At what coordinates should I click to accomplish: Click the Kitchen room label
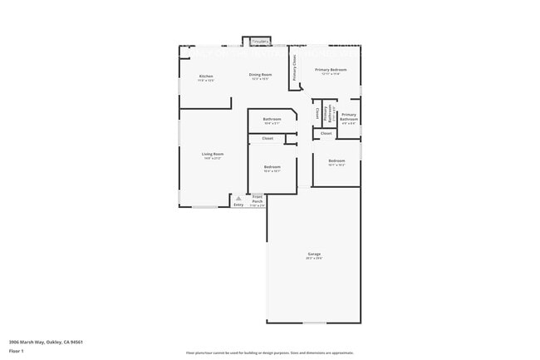coord(206,76)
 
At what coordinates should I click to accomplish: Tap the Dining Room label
coord(261,75)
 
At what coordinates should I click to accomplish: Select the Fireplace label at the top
coord(260,41)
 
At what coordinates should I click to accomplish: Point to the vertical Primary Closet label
coord(294,70)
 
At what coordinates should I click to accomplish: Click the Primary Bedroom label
coord(331,70)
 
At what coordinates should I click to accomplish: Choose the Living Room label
coord(213,154)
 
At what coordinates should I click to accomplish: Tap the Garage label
coord(314,254)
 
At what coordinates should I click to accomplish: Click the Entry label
coord(238,205)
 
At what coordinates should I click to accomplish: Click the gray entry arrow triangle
coord(238,199)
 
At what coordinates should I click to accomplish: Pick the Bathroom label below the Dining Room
coord(272,119)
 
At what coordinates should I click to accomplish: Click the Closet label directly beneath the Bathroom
coord(268,138)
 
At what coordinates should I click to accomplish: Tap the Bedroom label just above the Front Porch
coord(272,167)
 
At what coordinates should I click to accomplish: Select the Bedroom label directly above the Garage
coord(336,160)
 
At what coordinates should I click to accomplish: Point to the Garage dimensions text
coord(314,259)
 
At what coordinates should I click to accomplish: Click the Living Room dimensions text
coord(213,158)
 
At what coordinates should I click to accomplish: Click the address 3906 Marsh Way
coord(46,342)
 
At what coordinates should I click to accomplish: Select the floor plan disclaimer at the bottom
coord(270,353)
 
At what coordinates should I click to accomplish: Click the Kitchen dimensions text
coord(206,81)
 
